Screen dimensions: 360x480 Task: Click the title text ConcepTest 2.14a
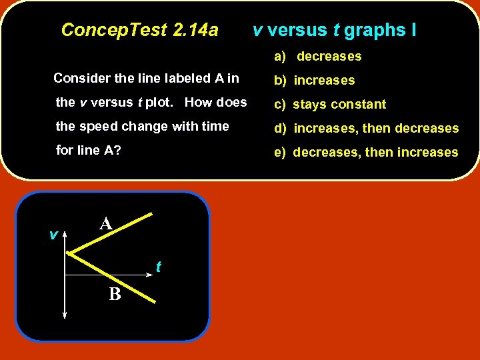(139, 30)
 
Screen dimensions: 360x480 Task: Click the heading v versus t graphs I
(334, 30)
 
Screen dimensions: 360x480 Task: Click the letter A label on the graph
(105, 224)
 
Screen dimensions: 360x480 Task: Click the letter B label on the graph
(115, 294)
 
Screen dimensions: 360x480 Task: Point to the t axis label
(158, 267)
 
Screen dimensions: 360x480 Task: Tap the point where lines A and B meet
(70, 253)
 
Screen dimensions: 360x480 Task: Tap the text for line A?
(89, 151)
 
